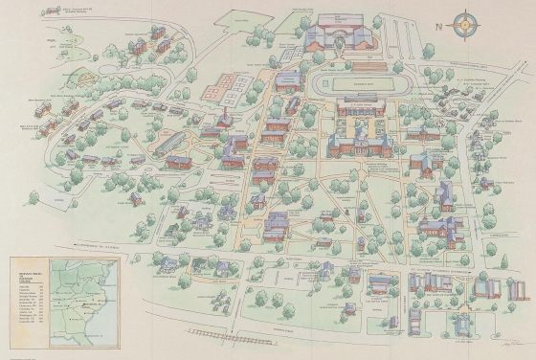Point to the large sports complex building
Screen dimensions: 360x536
pos(340,36)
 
